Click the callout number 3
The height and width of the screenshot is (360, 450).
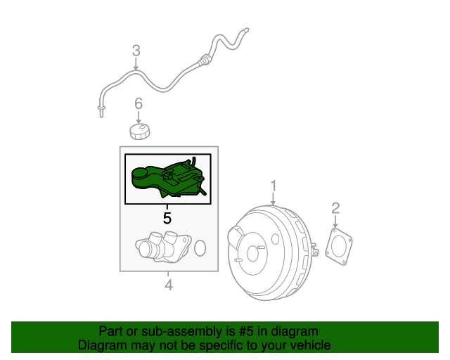136,50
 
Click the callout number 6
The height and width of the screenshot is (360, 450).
139,104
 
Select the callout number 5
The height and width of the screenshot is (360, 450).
167,218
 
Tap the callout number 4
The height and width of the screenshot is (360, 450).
169,285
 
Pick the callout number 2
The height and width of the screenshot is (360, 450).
335,207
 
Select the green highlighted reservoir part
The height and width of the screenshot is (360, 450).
165,179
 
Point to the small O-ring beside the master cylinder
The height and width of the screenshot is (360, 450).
200,247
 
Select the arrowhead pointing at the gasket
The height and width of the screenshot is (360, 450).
335,224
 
